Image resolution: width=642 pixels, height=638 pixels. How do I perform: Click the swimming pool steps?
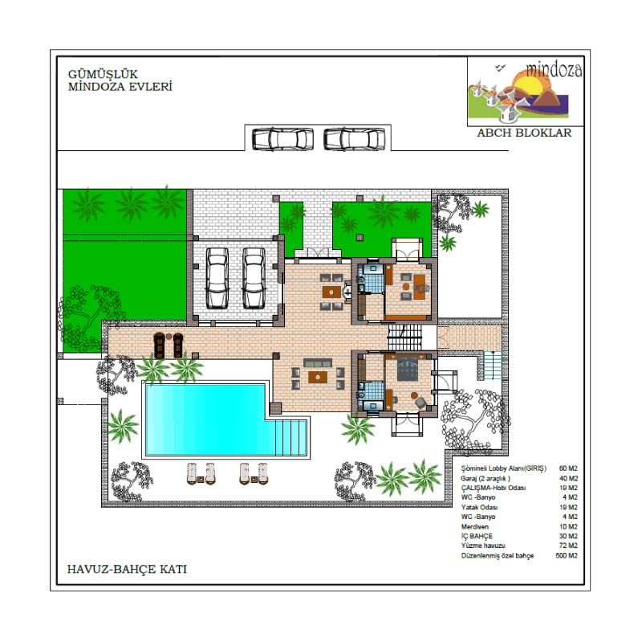(291, 436)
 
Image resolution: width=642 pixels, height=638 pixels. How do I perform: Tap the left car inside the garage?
(217, 278)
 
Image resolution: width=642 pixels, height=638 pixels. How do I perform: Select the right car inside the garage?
(254, 278)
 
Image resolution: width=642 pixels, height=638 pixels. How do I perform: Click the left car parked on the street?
(282, 139)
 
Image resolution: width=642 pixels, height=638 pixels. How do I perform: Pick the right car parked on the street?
(355, 139)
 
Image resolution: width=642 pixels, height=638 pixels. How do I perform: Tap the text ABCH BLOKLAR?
(524, 133)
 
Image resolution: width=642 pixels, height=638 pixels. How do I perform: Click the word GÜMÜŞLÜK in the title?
(103, 74)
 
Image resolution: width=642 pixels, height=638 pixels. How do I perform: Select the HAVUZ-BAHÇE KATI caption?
(127, 569)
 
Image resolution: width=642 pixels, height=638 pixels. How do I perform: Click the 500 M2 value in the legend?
(567, 555)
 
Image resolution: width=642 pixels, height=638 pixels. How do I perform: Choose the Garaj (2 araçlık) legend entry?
(486, 479)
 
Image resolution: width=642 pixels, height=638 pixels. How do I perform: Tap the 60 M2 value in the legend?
(568, 468)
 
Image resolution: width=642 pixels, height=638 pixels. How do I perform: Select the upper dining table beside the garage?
(331, 292)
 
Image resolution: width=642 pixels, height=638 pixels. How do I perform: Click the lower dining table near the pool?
(318, 377)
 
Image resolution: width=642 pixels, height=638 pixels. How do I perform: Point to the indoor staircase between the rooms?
(404, 337)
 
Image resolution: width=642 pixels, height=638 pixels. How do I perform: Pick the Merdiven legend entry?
(475, 526)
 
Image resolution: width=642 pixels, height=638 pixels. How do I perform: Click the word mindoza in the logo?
(554, 70)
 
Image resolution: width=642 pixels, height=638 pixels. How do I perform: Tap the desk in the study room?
(419, 287)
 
